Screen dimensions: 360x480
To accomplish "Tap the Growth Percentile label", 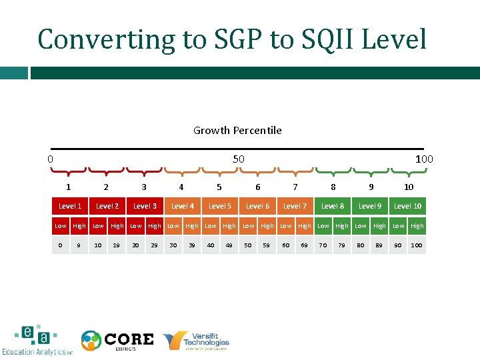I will click(x=237, y=131).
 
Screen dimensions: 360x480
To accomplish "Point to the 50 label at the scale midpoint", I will click(x=239, y=159).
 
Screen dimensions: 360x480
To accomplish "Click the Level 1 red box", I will click(x=70, y=207).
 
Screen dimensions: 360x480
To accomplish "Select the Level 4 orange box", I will click(x=183, y=207).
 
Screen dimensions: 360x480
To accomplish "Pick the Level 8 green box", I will click(x=333, y=207).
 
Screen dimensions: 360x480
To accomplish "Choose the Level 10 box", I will click(x=407, y=207).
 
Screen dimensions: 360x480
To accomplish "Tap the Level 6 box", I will click(x=257, y=207).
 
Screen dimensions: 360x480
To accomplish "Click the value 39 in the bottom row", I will click(x=192, y=245).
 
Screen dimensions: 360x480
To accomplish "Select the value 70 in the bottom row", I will click(x=323, y=245).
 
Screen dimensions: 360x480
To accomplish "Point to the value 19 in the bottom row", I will click(x=117, y=245).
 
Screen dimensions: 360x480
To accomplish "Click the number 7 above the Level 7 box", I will click(x=295, y=187).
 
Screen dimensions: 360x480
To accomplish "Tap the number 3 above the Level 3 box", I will click(x=144, y=187).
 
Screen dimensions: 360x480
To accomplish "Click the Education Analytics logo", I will click(x=37, y=341).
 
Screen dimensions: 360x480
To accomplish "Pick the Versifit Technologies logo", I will click(x=197, y=341).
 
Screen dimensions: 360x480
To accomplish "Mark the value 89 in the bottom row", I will click(x=379, y=245).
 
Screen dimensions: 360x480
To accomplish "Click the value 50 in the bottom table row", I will click(x=248, y=245).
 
